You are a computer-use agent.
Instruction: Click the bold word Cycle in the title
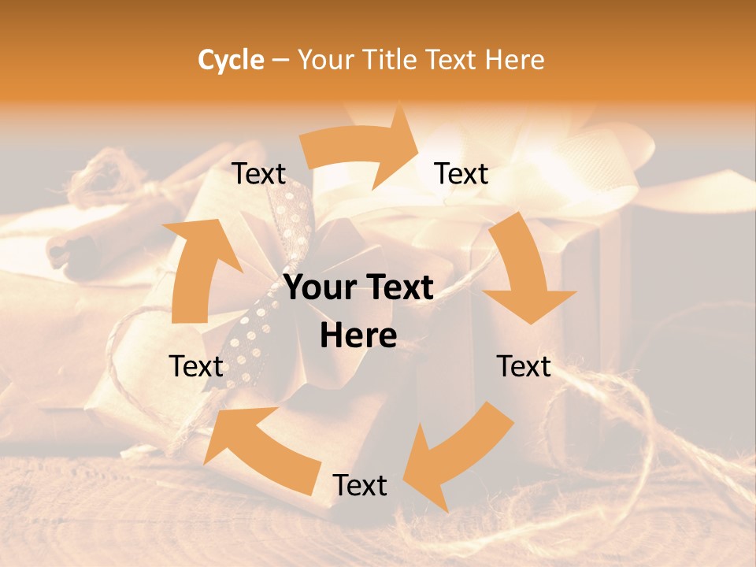pos(231,59)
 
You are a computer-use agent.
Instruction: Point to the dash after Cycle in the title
pos(280,61)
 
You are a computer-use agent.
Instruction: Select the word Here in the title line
pos(515,59)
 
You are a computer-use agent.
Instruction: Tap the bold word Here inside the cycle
pos(358,335)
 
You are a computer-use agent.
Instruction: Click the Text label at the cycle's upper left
pos(258,174)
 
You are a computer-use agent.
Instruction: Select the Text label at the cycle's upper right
pos(461,173)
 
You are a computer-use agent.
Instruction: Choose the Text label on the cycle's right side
pos(524,366)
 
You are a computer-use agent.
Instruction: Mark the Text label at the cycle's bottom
pos(360,485)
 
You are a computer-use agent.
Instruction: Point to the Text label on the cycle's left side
pos(196,366)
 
